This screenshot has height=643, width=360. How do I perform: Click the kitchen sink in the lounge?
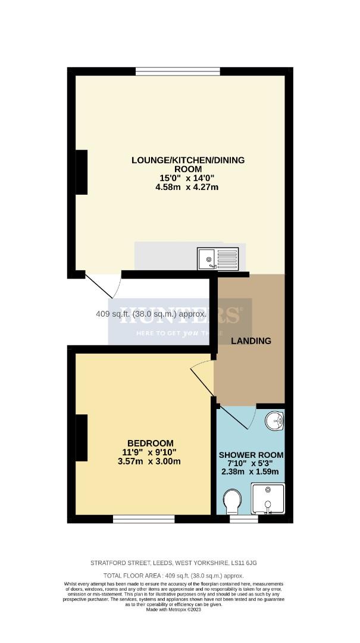coord(218,258)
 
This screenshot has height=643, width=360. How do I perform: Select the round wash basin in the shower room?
coord(275,421)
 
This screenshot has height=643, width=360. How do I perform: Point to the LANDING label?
coord(251,341)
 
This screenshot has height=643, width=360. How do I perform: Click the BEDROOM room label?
coord(151,443)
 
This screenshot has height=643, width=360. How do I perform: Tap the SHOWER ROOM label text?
coord(250,455)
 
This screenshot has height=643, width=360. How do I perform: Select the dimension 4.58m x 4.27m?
coord(187,188)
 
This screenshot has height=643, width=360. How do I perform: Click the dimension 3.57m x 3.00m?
coord(151,461)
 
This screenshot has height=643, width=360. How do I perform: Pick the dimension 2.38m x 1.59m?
coord(250,472)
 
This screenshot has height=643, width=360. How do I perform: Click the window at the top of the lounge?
coord(178,72)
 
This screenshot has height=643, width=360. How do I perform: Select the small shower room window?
coord(243,519)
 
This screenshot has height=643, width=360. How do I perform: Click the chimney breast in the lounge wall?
coord(82,171)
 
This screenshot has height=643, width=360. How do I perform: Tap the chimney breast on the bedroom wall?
coord(82,438)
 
